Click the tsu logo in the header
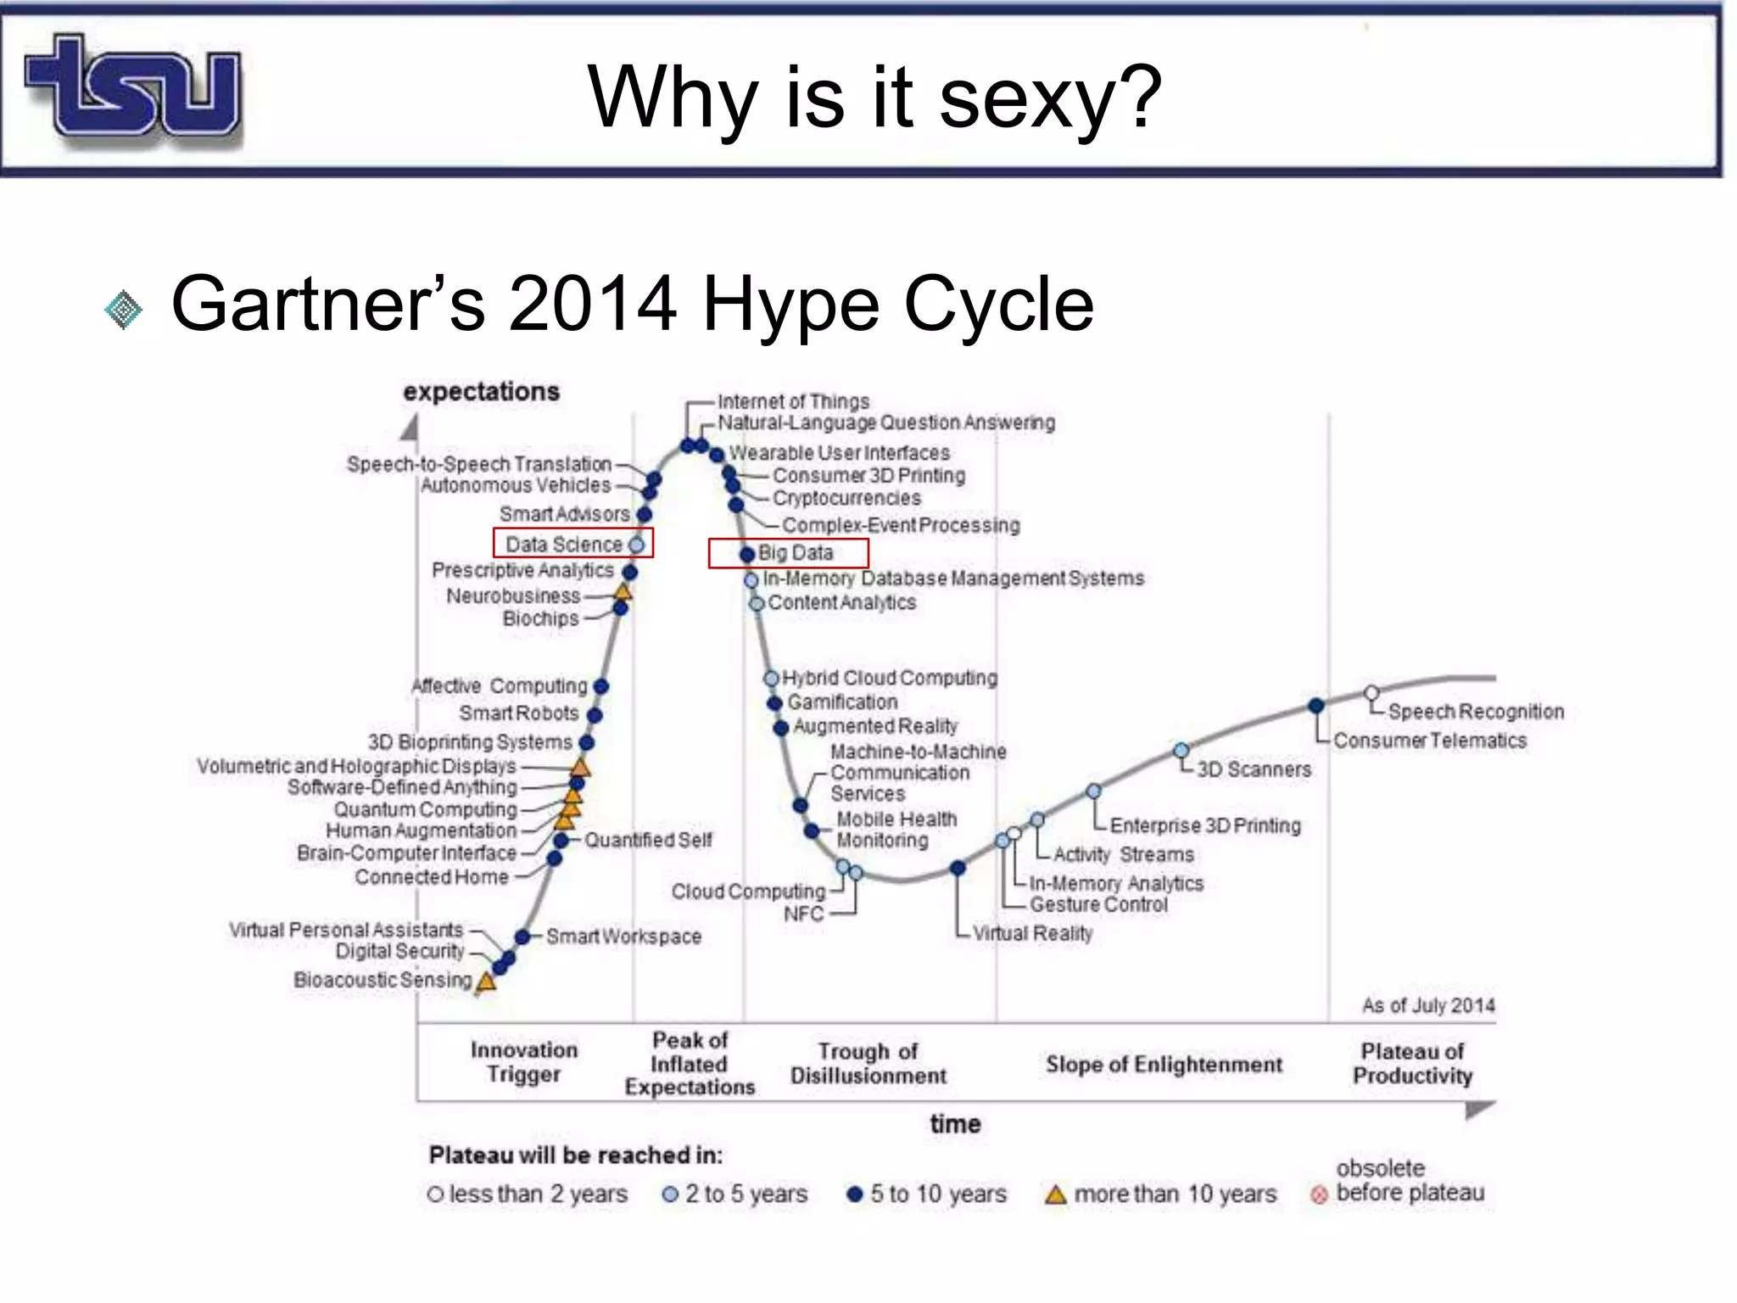tap(133, 87)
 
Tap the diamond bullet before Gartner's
tap(124, 309)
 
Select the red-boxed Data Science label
tap(564, 544)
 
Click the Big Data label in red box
tap(796, 553)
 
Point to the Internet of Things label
tap(793, 401)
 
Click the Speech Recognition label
tap(1475, 712)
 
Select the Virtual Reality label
tap(1031, 933)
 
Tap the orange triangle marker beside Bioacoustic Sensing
tap(486, 982)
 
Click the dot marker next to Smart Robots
tap(595, 715)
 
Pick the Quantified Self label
tap(648, 840)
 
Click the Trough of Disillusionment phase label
tap(868, 1064)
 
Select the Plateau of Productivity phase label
tap(1412, 1064)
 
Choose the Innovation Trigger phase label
tap(523, 1062)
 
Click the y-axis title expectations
tap(481, 392)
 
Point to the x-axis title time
tap(955, 1124)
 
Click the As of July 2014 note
tap(1427, 1006)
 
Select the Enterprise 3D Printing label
tap(1204, 825)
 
